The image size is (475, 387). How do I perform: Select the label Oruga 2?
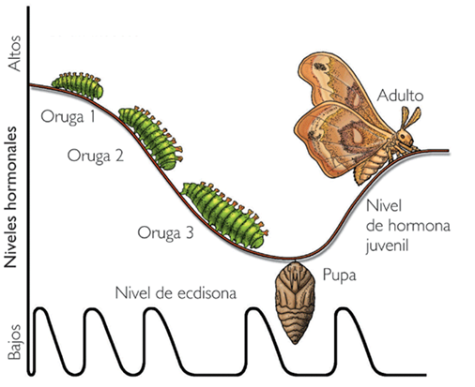(95, 156)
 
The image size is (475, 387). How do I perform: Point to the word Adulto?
(402, 96)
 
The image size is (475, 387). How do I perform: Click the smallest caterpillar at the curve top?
(76, 82)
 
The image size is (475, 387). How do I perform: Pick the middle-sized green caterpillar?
(149, 134)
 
